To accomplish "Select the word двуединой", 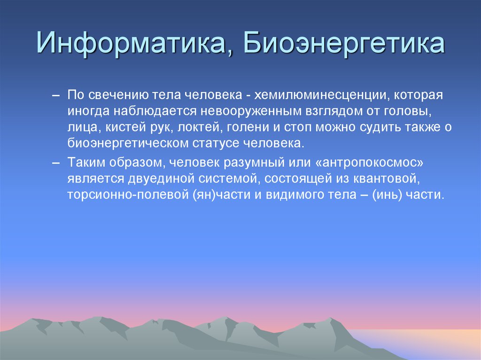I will [x=162, y=179].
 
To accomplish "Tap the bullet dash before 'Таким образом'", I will [x=56, y=163].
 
